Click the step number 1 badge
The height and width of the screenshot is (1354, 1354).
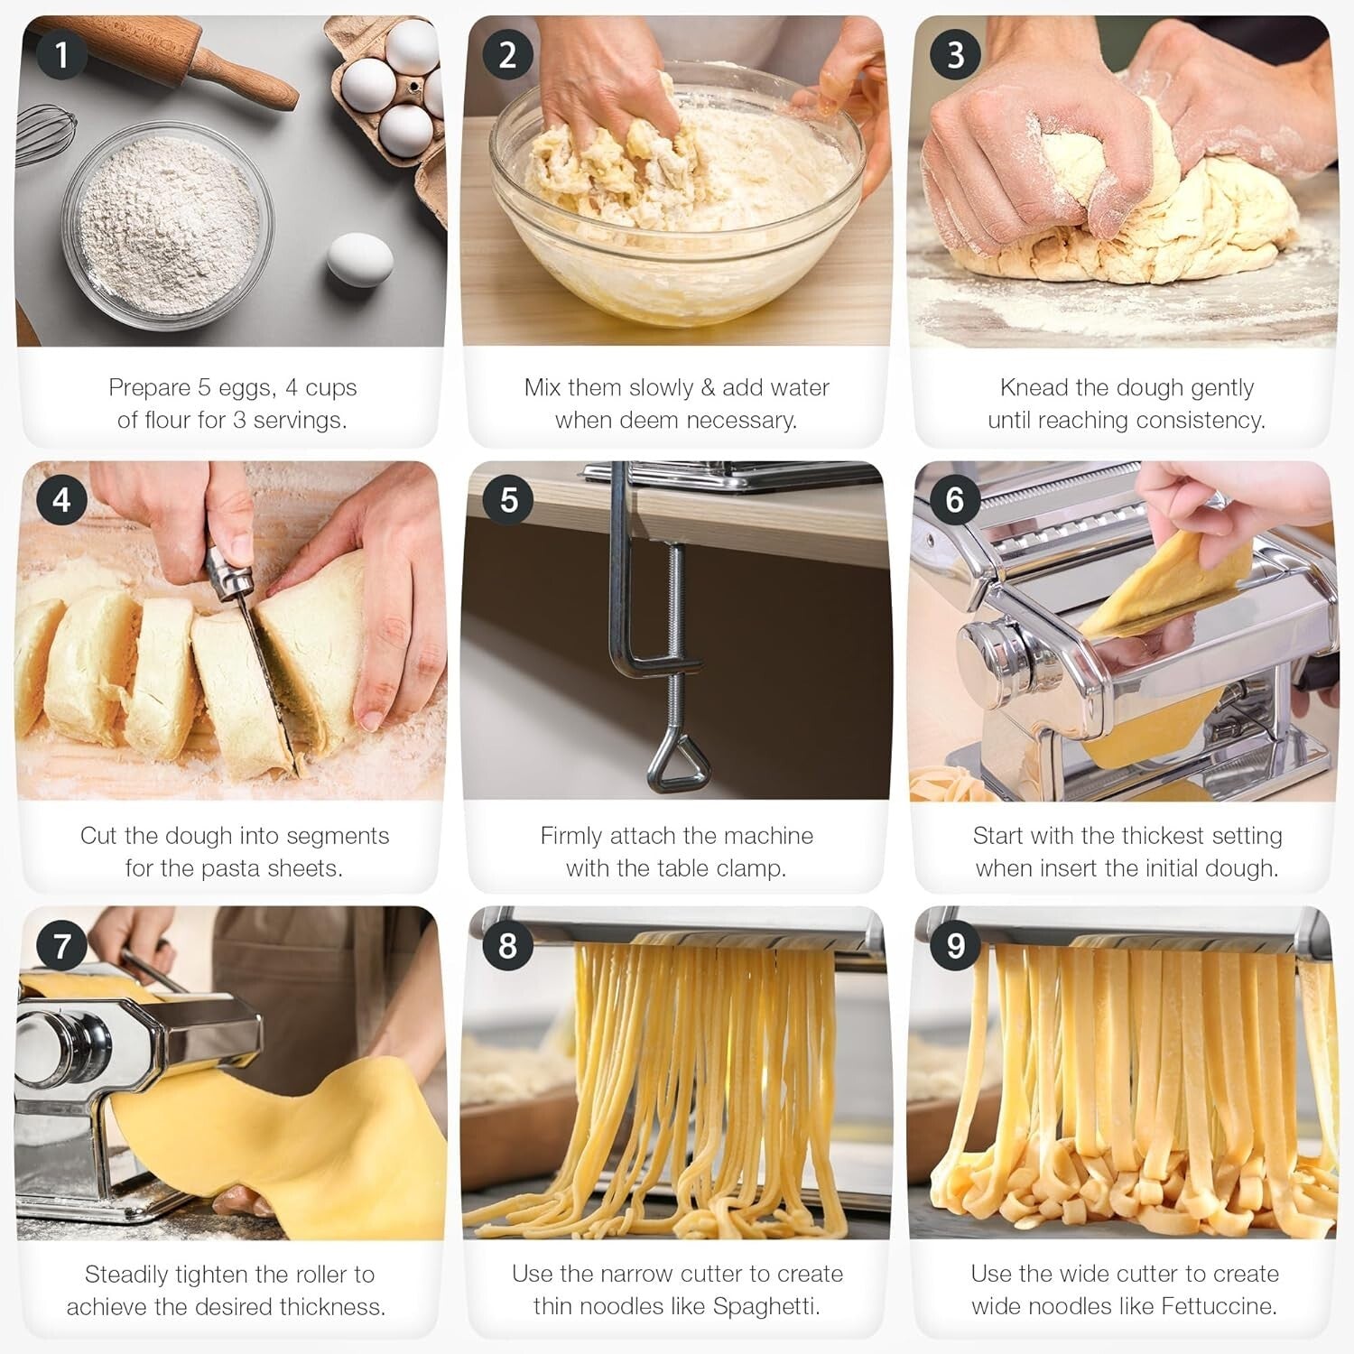tap(61, 55)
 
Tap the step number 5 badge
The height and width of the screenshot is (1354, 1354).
tap(508, 499)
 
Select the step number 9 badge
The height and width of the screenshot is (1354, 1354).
tap(955, 945)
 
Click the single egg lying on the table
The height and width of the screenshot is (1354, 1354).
tap(359, 259)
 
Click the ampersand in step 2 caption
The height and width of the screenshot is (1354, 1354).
tap(707, 387)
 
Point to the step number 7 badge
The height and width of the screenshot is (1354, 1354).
tap(61, 945)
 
